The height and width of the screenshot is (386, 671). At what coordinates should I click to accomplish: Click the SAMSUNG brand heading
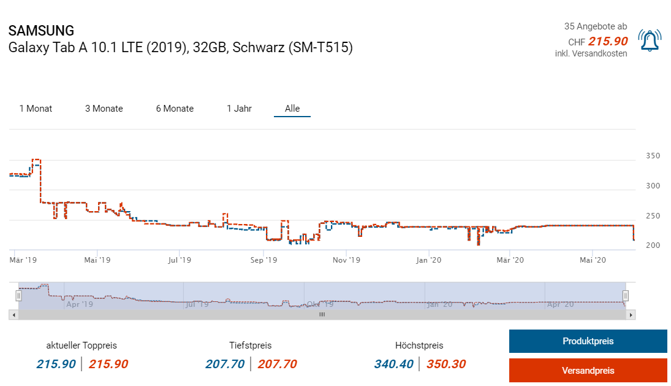(42, 31)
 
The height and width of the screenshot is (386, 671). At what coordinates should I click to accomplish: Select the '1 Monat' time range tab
(36, 109)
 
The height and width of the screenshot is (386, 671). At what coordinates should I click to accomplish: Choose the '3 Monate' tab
(104, 109)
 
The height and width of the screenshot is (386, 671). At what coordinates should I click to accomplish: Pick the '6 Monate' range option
(175, 109)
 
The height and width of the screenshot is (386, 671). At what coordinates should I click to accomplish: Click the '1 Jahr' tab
(239, 109)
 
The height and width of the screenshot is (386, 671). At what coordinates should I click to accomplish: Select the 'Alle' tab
(292, 109)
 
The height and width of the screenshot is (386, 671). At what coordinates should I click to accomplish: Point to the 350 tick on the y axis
(653, 156)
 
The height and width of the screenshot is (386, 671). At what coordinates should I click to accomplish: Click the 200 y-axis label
(653, 245)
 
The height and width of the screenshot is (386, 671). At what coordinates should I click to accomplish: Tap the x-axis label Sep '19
(263, 260)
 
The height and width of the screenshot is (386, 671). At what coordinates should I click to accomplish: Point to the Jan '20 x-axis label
(429, 260)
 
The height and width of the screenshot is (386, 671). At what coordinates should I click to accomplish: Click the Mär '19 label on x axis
(23, 260)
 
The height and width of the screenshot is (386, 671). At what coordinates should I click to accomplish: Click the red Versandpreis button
(588, 370)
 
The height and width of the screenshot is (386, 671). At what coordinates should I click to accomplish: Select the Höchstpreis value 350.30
(446, 364)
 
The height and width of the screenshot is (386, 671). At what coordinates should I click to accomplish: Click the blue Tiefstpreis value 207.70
(225, 364)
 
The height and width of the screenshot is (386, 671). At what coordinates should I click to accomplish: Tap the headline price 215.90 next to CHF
(608, 41)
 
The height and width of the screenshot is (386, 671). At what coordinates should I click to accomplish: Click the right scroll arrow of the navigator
(631, 315)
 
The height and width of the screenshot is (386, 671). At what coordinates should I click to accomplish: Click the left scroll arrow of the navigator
(13, 315)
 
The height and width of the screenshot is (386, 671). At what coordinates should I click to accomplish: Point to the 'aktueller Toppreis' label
(82, 345)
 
